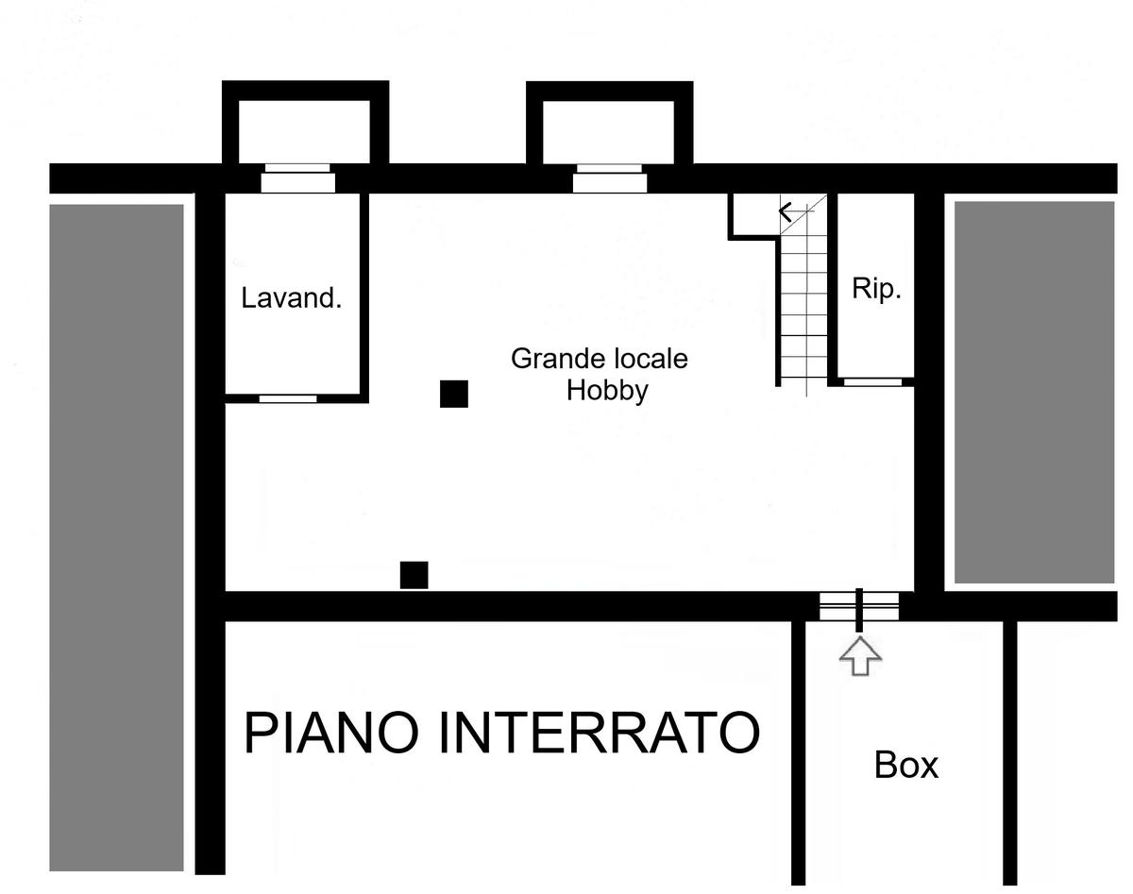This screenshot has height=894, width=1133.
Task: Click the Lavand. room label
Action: tap(291, 298)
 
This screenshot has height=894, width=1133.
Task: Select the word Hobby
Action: tap(607, 390)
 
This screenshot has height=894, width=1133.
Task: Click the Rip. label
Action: tap(877, 289)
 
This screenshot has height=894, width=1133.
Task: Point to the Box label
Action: tap(906, 765)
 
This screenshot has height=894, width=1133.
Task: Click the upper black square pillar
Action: tap(454, 394)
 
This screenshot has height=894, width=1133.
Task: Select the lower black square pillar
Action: tap(414, 574)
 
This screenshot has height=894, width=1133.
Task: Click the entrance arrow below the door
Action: tap(860, 656)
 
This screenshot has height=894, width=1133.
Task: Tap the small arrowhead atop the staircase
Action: tap(785, 211)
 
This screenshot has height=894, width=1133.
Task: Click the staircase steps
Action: tap(804, 302)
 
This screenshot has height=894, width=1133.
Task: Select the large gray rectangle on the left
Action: tap(116, 536)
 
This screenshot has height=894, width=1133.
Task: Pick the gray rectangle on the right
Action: tap(1034, 392)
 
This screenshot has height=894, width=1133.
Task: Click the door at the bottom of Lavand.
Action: tap(288, 398)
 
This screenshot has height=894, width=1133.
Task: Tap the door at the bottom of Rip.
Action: tap(871, 382)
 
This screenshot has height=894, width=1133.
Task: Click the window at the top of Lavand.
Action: tap(297, 178)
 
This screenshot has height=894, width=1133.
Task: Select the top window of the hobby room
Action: tap(610, 178)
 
